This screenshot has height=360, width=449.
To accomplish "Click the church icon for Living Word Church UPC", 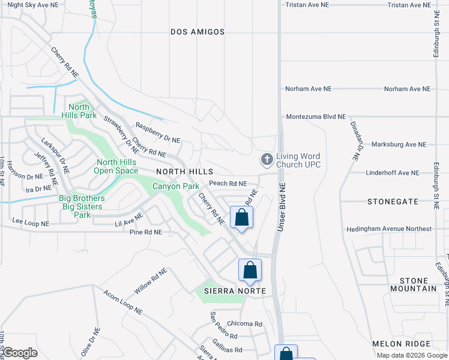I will [267, 160].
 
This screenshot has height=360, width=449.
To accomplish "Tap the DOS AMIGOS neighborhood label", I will [197, 32].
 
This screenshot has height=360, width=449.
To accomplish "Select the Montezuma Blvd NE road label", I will [316, 117].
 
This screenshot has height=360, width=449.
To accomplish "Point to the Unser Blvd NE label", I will [280, 208].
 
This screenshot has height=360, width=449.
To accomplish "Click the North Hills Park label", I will [79, 111].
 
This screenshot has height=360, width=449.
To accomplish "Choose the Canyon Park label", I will [176, 187].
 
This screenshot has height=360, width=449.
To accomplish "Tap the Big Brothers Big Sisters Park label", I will [82, 206].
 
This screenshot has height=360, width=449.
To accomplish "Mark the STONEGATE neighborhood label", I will [393, 202].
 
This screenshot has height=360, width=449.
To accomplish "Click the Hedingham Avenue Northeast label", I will [389, 229].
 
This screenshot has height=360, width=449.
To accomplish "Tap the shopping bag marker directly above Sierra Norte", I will [250, 271].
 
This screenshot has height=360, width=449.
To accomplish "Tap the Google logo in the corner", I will [19, 353].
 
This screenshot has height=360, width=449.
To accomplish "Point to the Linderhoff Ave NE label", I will [393, 173].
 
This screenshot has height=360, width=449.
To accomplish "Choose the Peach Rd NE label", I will [228, 184].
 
